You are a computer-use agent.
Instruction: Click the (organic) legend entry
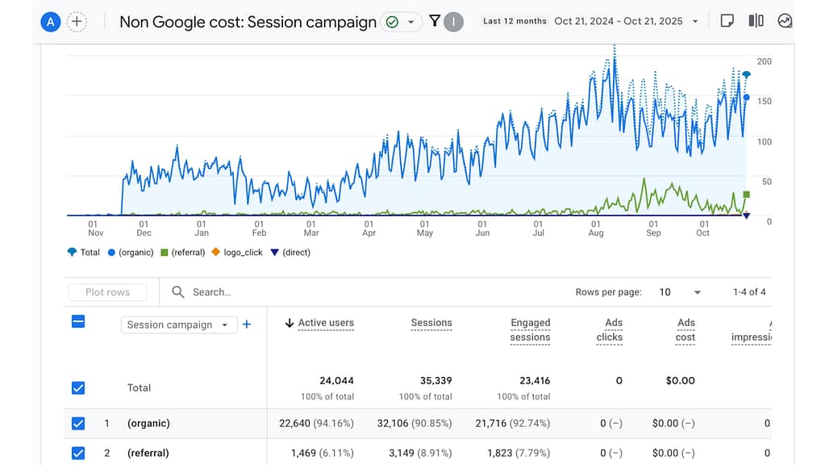[x=132, y=252]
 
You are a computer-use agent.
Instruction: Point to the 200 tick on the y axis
[x=764, y=61]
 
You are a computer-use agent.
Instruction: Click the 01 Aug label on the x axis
[x=595, y=228]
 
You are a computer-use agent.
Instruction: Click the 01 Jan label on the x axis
[x=201, y=228]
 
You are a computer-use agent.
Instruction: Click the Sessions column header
[x=431, y=323]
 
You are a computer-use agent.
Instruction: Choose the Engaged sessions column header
[x=530, y=329]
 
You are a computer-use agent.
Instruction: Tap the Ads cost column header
[x=685, y=329]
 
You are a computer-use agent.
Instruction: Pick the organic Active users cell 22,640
[x=321, y=423]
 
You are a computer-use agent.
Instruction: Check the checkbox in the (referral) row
[x=78, y=453]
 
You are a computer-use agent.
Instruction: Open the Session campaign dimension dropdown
[x=178, y=325]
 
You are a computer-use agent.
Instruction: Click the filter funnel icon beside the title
[x=435, y=21]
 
